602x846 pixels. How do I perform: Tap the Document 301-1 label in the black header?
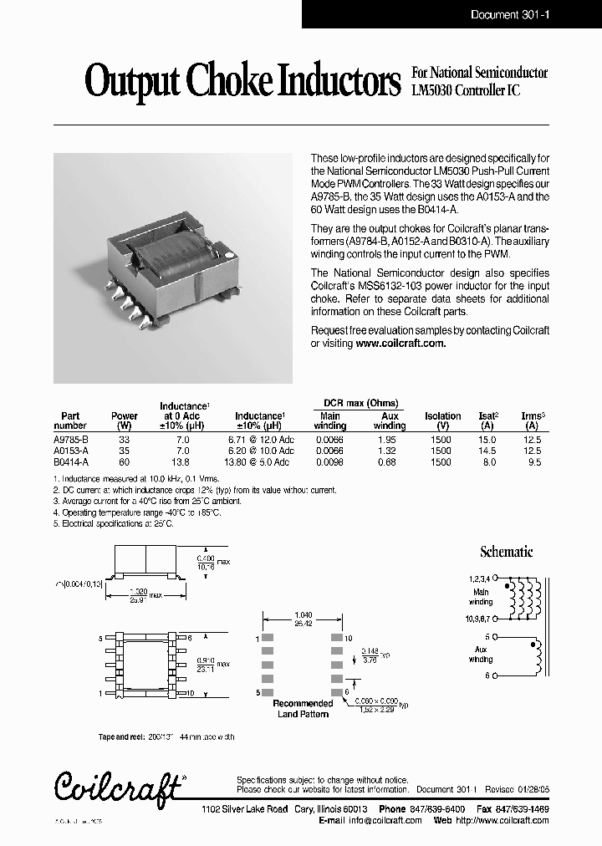point(507,14)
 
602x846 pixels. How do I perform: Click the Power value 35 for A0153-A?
point(125,451)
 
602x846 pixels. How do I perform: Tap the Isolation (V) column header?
point(442,420)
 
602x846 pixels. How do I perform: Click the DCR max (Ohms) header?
point(360,402)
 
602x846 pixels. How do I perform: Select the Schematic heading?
point(506,552)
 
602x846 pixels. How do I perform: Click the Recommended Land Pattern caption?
point(302,709)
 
